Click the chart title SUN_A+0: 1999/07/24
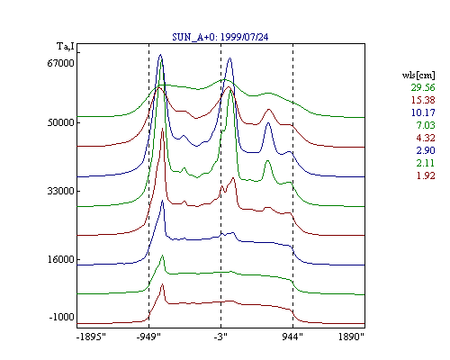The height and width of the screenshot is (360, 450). point(220,37)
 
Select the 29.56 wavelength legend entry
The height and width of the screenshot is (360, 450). point(423,87)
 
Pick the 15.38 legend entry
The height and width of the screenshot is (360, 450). point(423,100)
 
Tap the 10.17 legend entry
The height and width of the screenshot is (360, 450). point(423,112)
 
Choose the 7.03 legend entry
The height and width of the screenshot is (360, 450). point(426,125)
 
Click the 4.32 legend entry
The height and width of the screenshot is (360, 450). point(426,138)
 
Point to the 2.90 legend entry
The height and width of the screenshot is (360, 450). point(426,150)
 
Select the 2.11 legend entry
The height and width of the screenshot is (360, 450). point(426,163)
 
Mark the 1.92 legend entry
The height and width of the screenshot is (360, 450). point(426,175)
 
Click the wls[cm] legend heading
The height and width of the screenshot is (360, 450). point(418,76)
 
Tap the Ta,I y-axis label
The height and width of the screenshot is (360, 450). point(66,47)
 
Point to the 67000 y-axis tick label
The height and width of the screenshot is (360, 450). point(60,63)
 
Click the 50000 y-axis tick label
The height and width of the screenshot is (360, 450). point(60,122)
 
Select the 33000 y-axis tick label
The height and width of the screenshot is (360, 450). point(60,191)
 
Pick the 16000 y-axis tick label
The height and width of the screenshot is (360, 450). point(60,259)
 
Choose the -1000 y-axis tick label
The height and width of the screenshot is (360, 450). point(61,317)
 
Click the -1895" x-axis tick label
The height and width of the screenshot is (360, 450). point(91,337)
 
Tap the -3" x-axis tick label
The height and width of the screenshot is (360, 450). point(220,337)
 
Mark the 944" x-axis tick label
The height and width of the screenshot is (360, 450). point(292,337)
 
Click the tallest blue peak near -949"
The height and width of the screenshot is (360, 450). point(160,55)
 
